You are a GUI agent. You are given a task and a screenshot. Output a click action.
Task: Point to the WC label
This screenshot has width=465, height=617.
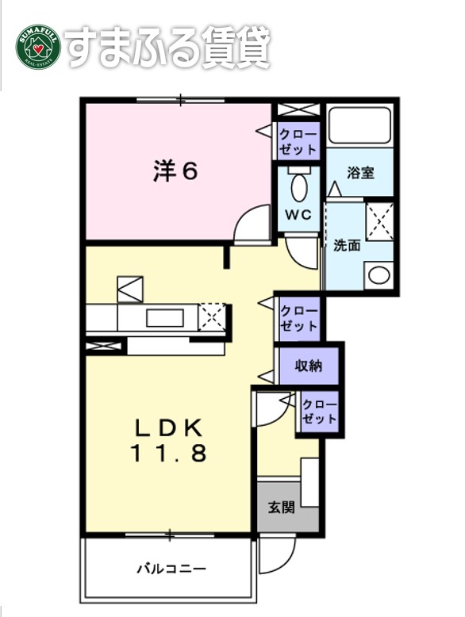[x=298, y=215]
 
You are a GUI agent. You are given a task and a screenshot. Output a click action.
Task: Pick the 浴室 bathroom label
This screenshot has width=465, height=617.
[x=360, y=173]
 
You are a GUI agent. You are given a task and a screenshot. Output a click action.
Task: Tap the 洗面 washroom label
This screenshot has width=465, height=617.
[x=347, y=245]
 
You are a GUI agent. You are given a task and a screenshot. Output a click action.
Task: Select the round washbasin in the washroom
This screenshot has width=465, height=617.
[x=379, y=276]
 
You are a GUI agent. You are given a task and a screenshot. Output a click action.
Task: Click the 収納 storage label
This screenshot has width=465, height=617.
[x=308, y=366]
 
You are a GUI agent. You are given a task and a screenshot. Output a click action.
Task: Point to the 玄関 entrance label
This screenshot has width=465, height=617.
[x=281, y=506]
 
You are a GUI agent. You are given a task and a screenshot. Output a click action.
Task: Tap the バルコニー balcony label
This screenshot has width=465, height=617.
[x=171, y=569]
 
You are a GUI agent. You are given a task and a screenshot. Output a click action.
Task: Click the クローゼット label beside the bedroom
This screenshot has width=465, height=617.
[x=298, y=141]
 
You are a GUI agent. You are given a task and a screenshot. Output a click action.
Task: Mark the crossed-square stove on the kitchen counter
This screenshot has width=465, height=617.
[x=212, y=316]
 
